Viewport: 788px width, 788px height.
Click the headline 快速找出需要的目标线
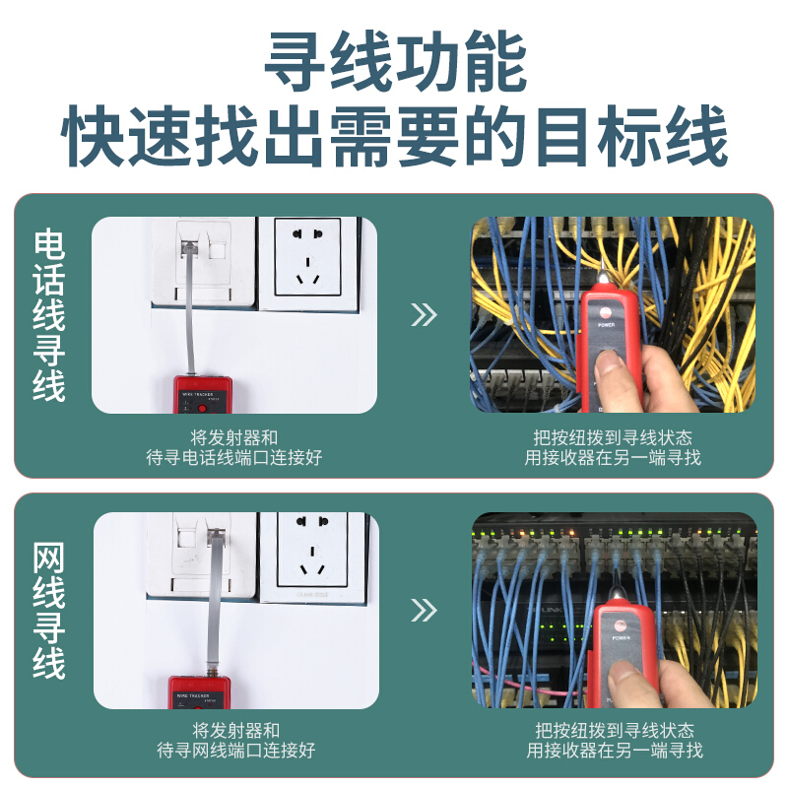click(x=395, y=136)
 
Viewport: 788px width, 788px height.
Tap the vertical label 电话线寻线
click(x=48, y=315)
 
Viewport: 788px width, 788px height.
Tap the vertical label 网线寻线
click(x=48, y=611)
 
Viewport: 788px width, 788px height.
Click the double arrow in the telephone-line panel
click(x=424, y=314)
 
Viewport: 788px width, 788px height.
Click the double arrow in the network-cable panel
click(x=424, y=610)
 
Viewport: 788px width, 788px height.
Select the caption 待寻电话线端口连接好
click(x=234, y=458)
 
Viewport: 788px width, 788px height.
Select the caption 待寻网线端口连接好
click(x=236, y=751)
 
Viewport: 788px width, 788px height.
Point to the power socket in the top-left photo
click(x=307, y=257)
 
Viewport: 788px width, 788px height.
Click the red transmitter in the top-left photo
click(x=203, y=395)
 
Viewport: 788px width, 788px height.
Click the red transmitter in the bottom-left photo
click(x=200, y=692)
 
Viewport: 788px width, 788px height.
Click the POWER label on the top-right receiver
click(x=606, y=325)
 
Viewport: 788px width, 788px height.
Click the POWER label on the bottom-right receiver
click(x=622, y=638)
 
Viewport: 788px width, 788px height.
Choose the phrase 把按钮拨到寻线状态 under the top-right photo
click(x=613, y=437)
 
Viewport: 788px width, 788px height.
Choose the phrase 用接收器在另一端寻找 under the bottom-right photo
click(x=615, y=751)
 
